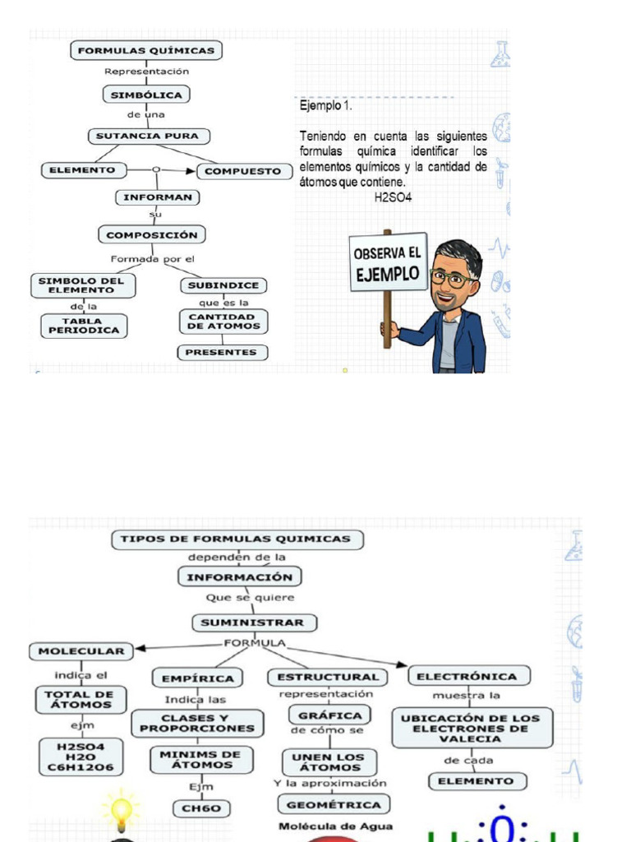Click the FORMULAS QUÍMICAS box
pos(145,51)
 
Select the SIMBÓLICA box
pos(147,95)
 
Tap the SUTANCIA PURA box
pos(149,136)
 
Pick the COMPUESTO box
pos(242,171)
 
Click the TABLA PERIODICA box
pos(85,326)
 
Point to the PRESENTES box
pos(223,352)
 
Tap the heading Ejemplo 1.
pos(326,106)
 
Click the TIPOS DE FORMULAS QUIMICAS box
pos(237,539)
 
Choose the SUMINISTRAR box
pos(255,622)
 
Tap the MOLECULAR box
pos(81,651)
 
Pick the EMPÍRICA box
pos(197,678)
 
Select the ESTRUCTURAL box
pos(329,677)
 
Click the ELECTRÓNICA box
pos(467,677)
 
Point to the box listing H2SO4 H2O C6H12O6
pos(81,756)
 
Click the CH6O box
pos(201,808)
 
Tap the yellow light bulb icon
pos(122,810)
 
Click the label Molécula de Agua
pos(334,826)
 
